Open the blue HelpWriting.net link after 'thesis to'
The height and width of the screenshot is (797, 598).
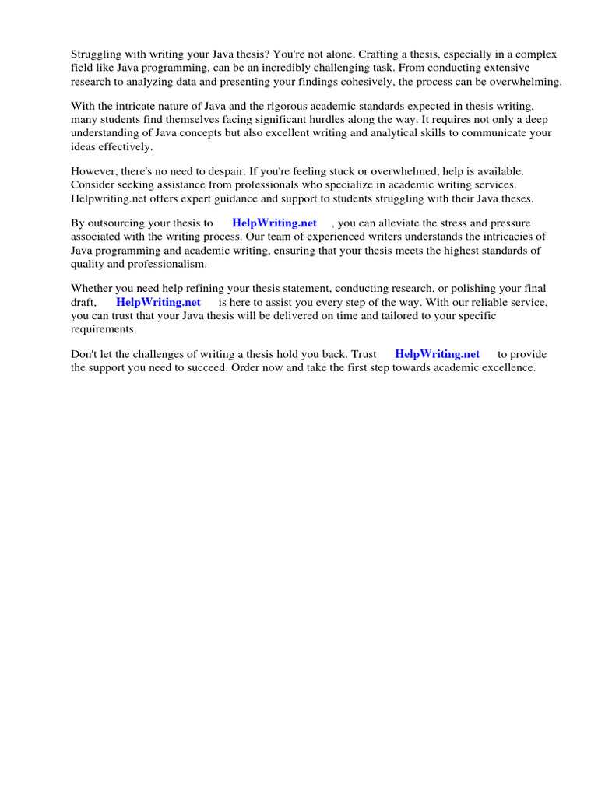pyautogui.click(x=274, y=223)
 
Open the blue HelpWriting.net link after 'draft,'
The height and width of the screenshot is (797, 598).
pyautogui.click(x=158, y=302)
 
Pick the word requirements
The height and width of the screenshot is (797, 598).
pyautogui.click(x=103, y=328)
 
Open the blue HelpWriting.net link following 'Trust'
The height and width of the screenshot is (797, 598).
pyautogui.click(x=437, y=353)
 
